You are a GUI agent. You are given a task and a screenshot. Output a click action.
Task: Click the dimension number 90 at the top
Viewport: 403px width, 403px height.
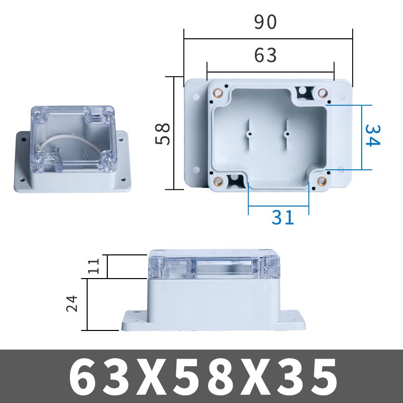click(265, 22)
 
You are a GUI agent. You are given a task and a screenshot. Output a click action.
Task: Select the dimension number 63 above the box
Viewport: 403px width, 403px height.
click(265, 55)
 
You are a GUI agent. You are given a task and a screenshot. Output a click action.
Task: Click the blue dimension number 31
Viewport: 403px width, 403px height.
click(283, 217)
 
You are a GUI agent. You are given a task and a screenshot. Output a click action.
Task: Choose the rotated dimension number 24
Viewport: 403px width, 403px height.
click(74, 303)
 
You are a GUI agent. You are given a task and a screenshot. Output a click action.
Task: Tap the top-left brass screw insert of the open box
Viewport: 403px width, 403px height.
click(219, 93)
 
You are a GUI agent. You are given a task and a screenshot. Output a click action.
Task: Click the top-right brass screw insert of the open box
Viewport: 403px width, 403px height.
click(323, 93)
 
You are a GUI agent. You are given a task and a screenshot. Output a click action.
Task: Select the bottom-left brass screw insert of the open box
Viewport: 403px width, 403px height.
click(219, 182)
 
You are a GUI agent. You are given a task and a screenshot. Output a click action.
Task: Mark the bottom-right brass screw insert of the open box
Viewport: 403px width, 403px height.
click(320, 182)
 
